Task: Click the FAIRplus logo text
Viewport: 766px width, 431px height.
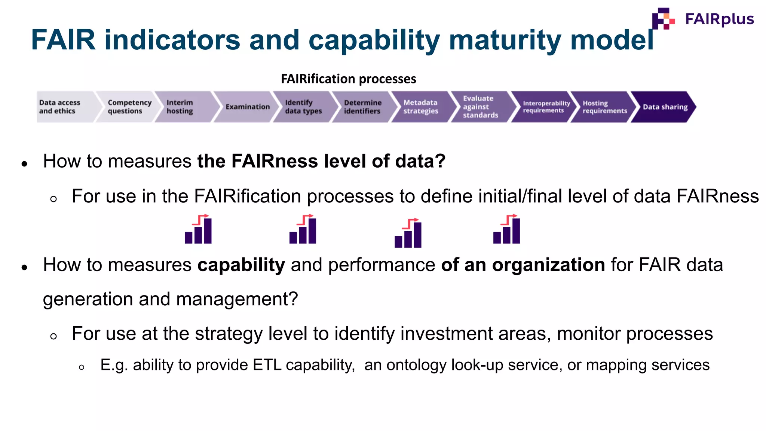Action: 719,19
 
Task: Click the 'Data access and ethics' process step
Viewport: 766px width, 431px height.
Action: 60,107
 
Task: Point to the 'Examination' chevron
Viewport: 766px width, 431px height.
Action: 247,107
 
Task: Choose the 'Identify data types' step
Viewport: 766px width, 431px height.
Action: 303,107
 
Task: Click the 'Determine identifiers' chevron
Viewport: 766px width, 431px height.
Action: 362,107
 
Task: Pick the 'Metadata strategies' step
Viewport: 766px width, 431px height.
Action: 420,107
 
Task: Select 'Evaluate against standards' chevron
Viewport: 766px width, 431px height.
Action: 480,107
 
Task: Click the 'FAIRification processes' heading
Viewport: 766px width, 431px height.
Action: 348,79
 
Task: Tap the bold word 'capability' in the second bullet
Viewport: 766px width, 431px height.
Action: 241,265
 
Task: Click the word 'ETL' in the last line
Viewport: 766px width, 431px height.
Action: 267,365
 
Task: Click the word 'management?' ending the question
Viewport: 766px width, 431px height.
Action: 237,299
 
